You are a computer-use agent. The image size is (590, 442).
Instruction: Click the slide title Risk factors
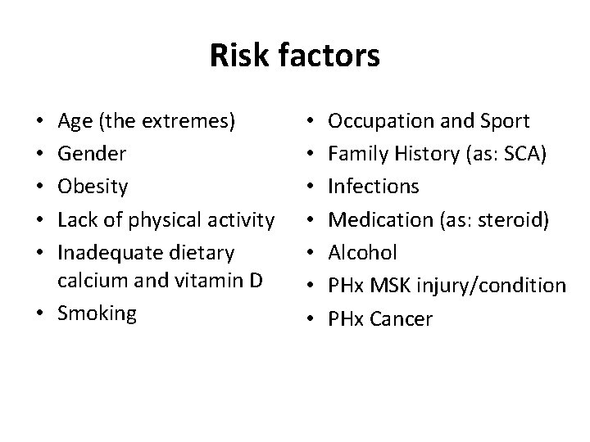[x=295, y=56]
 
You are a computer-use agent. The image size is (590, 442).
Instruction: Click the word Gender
[x=92, y=155]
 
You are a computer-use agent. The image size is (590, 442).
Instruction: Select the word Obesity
[x=93, y=187]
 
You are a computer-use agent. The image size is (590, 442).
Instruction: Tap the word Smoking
[x=98, y=313]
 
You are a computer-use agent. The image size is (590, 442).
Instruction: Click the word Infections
[x=374, y=187]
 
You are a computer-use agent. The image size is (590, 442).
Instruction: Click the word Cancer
[x=402, y=318]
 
